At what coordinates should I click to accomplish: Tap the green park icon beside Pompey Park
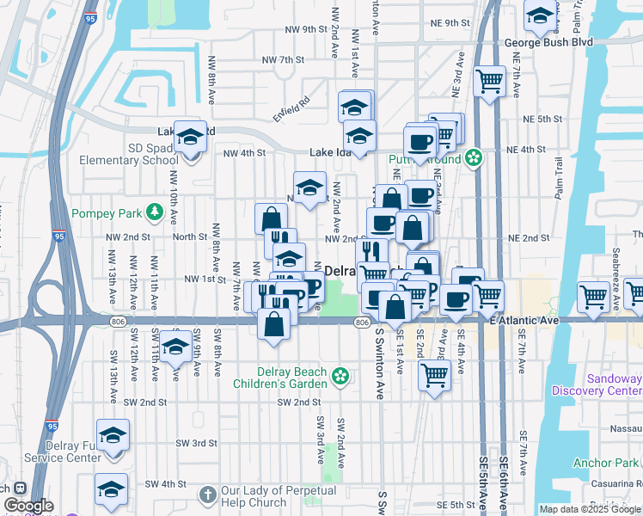tap(155, 211)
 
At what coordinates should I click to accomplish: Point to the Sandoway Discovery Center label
tap(614, 384)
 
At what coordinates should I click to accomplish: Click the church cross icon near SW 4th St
tap(206, 494)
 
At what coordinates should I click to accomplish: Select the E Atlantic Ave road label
tap(524, 320)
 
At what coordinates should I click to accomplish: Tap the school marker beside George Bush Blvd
tap(539, 15)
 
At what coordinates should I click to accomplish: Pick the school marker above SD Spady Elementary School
tap(190, 137)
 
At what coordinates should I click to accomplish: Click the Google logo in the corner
tap(28, 507)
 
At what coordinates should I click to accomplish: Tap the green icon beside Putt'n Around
tap(473, 158)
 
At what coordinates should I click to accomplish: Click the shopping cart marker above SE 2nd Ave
tap(435, 375)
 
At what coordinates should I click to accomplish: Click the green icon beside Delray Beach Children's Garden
tap(341, 375)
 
